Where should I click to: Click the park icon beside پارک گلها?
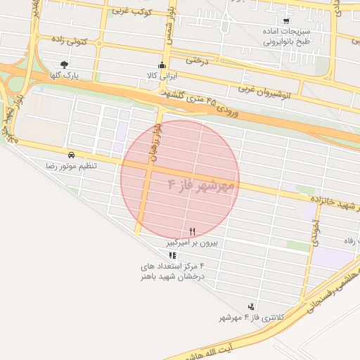point(65,65)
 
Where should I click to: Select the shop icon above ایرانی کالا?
point(163,65)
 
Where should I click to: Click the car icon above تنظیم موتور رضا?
point(71,154)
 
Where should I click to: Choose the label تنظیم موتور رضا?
point(71,165)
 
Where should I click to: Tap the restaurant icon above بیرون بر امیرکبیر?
point(193,231)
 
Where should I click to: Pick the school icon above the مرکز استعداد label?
point(173,255)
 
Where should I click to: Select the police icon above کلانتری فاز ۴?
point(251,307)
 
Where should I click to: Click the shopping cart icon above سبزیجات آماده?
point(285,21)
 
